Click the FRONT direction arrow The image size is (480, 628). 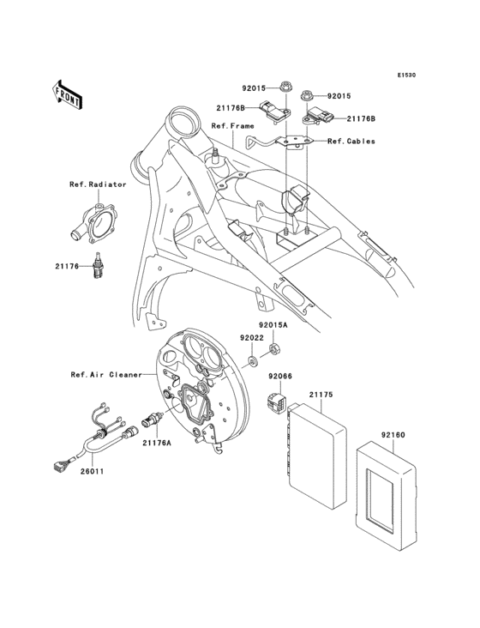[67, 94]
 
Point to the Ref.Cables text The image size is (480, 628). [351, 141]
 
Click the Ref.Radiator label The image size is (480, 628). [99, 184]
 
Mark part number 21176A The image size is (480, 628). [158, 443]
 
